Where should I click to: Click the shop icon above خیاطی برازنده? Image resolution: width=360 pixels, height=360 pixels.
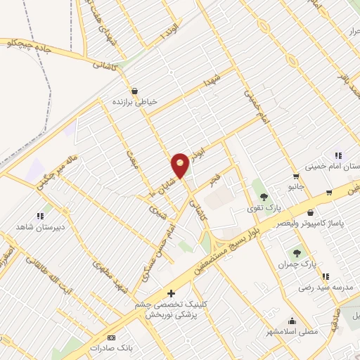136,90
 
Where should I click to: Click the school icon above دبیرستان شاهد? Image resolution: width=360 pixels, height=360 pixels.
40,216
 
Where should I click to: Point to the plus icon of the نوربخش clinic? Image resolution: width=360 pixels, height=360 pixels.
169,292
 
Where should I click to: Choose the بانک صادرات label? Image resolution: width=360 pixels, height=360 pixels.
111,347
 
